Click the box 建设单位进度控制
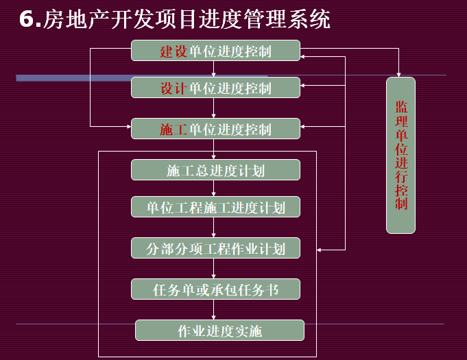click(215, 51)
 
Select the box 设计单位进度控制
click(215, 88)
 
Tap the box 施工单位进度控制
click(215, 129)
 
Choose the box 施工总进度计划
click(215, 170)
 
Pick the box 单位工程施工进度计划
click(215, 207)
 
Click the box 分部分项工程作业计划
click(215, 248)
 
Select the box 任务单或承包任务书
click(215, 289)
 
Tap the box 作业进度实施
click(219, 331)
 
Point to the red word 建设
click(173, 51)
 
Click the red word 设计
click(173, 88)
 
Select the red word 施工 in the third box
click(173, 129)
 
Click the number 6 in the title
click(27, 19)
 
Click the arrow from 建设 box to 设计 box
click(215, 69)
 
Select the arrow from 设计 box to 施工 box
click(215, 108)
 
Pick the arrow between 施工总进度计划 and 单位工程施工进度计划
click(215, 189)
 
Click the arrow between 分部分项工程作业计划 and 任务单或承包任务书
click(215, 269)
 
